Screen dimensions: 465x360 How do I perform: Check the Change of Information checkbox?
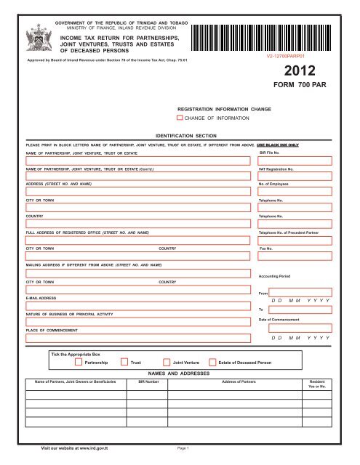click(179, 117)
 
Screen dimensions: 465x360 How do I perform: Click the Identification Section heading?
click(180, 135)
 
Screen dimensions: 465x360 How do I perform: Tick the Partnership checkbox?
click(79, 361)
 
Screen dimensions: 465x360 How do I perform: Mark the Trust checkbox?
click(124, 361)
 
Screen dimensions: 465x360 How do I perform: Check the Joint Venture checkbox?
click(167, 361)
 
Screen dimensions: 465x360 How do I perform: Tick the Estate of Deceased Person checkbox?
click(212, 361)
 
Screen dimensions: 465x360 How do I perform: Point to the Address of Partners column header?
click(248, 381)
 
